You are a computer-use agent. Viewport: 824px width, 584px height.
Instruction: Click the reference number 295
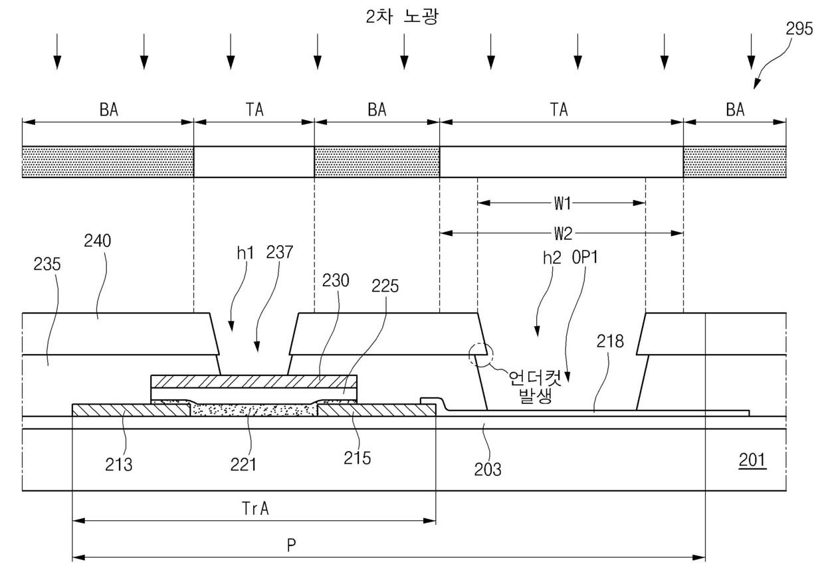(799, 29)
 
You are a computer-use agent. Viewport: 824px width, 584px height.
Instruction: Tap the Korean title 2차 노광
(402, 17)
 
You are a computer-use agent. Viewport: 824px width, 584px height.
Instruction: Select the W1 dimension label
(562, 203)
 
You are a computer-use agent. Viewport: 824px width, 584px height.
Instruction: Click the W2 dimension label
(563, 233)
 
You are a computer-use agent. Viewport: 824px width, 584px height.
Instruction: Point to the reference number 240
(98, 241)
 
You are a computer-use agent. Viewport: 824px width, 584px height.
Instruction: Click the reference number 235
(47, 264)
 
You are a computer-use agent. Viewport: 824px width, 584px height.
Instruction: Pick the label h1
(245, 253)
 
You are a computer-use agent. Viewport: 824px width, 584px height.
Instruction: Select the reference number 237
(280, 252)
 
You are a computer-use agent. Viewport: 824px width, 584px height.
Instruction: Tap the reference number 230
(336, 280)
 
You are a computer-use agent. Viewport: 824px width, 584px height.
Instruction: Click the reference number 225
(385, 286)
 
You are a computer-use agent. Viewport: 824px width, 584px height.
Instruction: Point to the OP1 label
(585, 257)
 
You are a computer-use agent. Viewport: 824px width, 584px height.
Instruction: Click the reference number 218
(610, 341)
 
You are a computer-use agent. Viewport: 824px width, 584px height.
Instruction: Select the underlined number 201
(752, 460)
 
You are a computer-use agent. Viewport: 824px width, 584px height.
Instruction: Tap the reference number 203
(487, 469)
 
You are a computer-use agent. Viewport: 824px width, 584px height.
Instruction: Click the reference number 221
(243, 464)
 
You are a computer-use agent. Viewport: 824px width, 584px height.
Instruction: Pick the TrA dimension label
(255, 509)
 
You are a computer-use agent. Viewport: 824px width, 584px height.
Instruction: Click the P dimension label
(291, 545)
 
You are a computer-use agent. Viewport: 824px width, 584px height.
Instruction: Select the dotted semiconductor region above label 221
(254, 410)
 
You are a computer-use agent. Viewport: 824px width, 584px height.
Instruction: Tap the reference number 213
(118, 465)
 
